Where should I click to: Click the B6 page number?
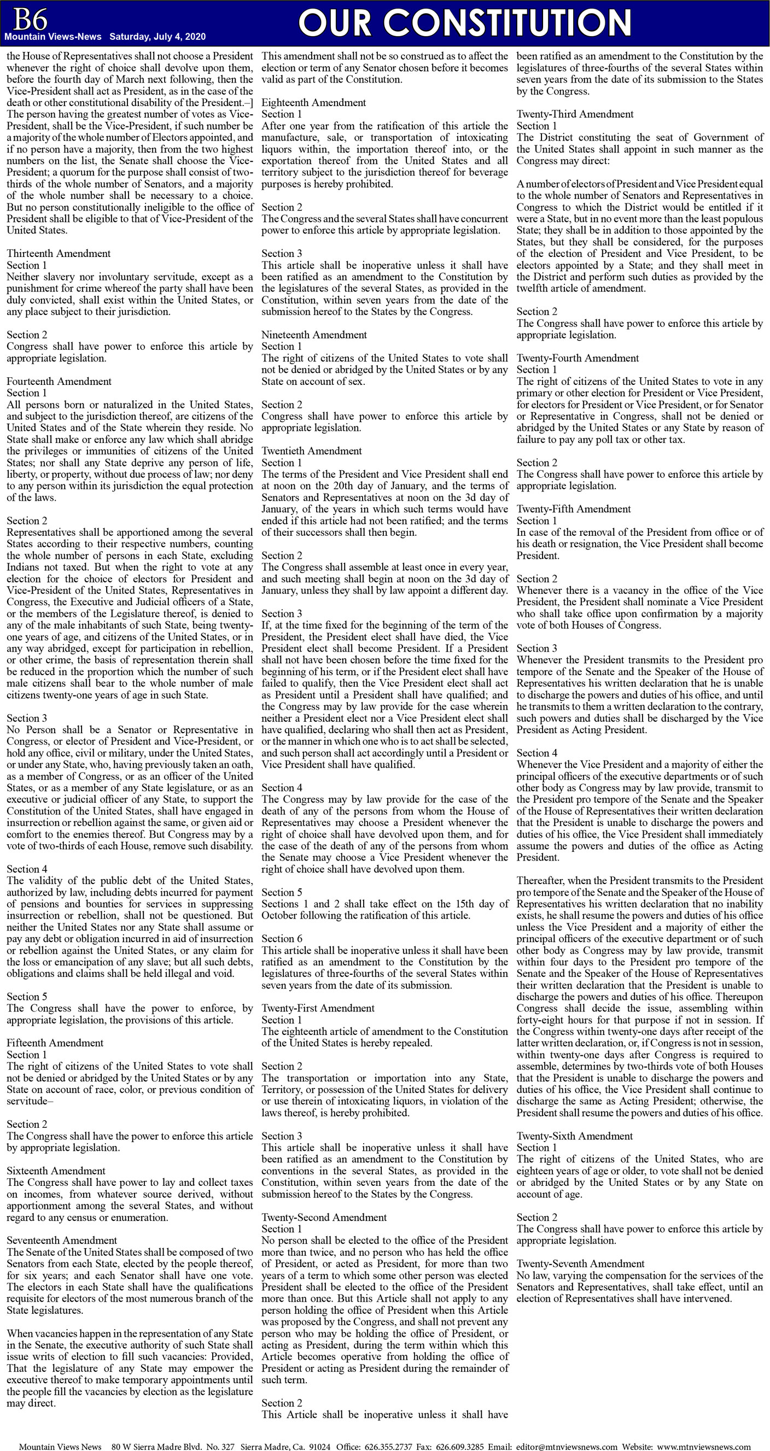tap(30, 20)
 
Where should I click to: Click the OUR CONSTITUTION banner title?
tap(464, 23)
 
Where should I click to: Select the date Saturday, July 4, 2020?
tap(157, 37)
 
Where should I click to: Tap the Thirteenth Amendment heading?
tap(59, 254)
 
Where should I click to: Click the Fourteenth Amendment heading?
tap(59, 381)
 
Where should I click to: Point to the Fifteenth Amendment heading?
tap(55, 1043)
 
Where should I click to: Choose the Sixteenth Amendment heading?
tap(56, 1171)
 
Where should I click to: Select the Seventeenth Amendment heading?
tap(62, 1240)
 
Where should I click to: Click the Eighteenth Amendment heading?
tap(313, 103)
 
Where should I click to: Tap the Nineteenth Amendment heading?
tap(314, 335)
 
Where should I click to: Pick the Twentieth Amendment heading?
tap(312, 450)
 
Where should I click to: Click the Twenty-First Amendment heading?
tap(318, 1008)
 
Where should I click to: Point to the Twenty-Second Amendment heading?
tap(324, 1216)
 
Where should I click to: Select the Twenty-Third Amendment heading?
tap(575, 114)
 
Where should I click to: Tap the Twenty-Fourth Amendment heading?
tap(577, 358)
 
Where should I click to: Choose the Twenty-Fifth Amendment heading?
tap(574, 508)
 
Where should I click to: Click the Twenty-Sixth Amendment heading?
tap(575, 1136)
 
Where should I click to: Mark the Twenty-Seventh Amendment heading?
tap(580, 1263)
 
